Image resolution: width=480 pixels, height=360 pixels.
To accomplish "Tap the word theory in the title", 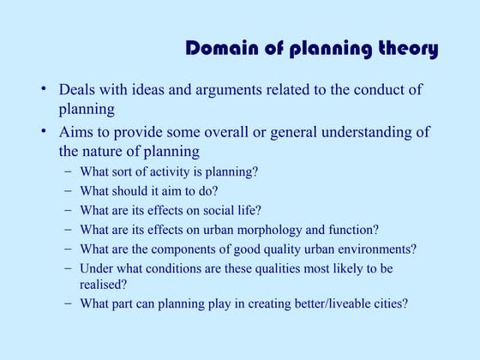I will pos(404,49).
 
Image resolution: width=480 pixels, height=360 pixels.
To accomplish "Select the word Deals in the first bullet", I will pos(76,90).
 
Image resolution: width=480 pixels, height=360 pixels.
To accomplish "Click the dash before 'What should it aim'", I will pos(68,190).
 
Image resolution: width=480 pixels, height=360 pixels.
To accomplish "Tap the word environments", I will pos(375,249).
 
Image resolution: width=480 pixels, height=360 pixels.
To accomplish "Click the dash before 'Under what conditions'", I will pos(68,269).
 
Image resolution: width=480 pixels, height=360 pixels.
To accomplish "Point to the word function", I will pos(355,230).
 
